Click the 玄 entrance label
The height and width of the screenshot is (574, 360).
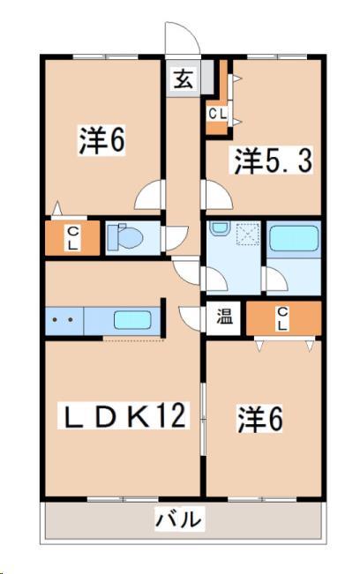tap(183, 78)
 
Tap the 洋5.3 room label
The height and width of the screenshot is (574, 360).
tap(274, 161)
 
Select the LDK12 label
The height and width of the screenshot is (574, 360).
tap(124, 416)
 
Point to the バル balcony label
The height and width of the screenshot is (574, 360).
tap(180, 519)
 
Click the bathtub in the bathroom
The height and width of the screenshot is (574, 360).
tap(293, 238)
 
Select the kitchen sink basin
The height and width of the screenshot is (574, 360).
tap(132, 320)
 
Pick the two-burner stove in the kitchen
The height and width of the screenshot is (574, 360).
tap(64, 321)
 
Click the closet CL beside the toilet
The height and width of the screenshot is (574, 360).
tap(72, 238)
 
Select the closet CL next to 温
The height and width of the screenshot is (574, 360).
tap(282, 318)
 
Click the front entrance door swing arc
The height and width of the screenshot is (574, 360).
tap(179, 41)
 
